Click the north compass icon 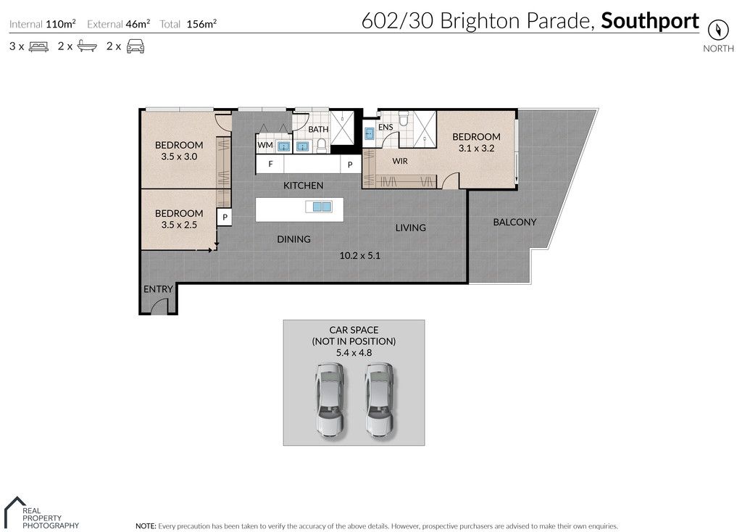click(x=717, y=30)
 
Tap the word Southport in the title click(x=650, y=21)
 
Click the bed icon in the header click(x=38, y=46)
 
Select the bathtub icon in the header click(x=87, y=46)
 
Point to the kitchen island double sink click(x=319, y=207)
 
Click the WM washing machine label click(x=265, y=145)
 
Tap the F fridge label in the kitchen click(x=271, y=164)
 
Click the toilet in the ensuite click(x=404, y=118)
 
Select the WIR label click(x=400, y=161)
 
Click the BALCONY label click(x=515, y=222)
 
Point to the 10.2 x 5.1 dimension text click(x=359, y=256)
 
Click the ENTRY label click(x=158, y=288)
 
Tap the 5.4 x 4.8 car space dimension click(x=354, y=353)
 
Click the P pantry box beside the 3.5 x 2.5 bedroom click(x=225, y=217)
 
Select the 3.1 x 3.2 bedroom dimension click(x=476, y=148)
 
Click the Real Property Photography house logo click(x=14, y=512)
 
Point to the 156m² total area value click(x=201, y=24)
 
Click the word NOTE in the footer click(x=145, y=526)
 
